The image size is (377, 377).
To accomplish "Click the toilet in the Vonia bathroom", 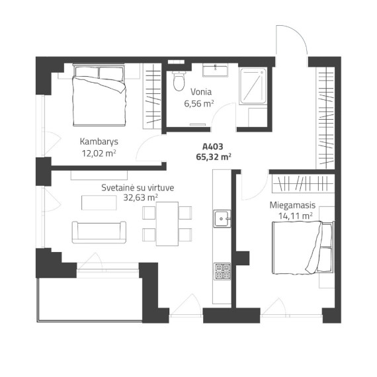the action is point(179,81).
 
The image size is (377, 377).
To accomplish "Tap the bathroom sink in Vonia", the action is point(215,70).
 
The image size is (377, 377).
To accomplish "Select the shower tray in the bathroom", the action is point(253,86).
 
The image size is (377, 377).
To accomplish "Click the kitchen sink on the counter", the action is point(222,218).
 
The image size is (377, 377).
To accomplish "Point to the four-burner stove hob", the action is point(222,271).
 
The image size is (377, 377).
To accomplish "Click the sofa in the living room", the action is point(99,232).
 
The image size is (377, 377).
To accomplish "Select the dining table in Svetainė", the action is point(167,224).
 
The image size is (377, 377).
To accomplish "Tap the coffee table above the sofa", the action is point(99,202).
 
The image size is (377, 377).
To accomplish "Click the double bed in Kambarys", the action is point(99,95).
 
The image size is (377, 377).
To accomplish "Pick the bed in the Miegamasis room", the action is point(304,247).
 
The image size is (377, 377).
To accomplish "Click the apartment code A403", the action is point(213,146).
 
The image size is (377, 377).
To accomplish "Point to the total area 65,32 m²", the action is point(214,157).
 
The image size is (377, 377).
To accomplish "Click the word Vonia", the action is point(201,92).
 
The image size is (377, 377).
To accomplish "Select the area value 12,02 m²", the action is point(99,153).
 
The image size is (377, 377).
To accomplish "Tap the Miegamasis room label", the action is point(292,205).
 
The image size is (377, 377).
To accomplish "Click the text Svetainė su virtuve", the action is point(138,188).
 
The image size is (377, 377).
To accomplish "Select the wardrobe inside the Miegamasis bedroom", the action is point(303,183).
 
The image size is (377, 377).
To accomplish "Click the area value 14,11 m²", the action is point(296,216).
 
